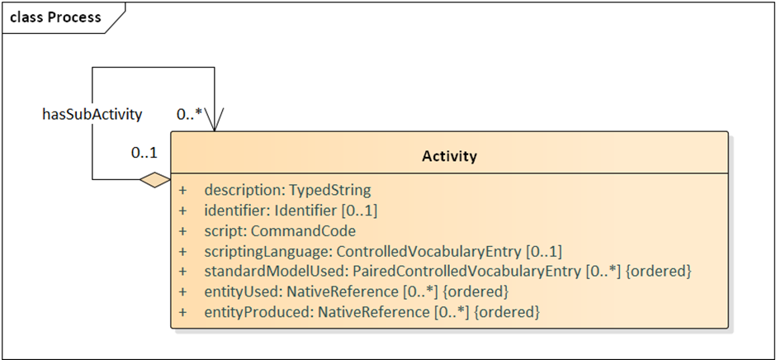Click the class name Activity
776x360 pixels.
tap(449, 157)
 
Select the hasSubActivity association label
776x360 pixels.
tap(92, 115)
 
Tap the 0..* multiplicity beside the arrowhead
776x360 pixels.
tap(189, 115)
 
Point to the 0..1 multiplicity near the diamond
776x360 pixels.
tap(144, 153)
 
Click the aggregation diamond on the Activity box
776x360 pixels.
tap(155, 180)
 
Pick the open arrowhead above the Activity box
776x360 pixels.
tap(215, 121)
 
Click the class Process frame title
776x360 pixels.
tap(55, 17)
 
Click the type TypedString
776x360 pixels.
tap(329, 190)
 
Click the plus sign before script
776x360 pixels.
tap(183, 231)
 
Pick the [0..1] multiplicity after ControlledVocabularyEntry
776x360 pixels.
tap(543, 252)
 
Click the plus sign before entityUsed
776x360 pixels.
tap(183, 291)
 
